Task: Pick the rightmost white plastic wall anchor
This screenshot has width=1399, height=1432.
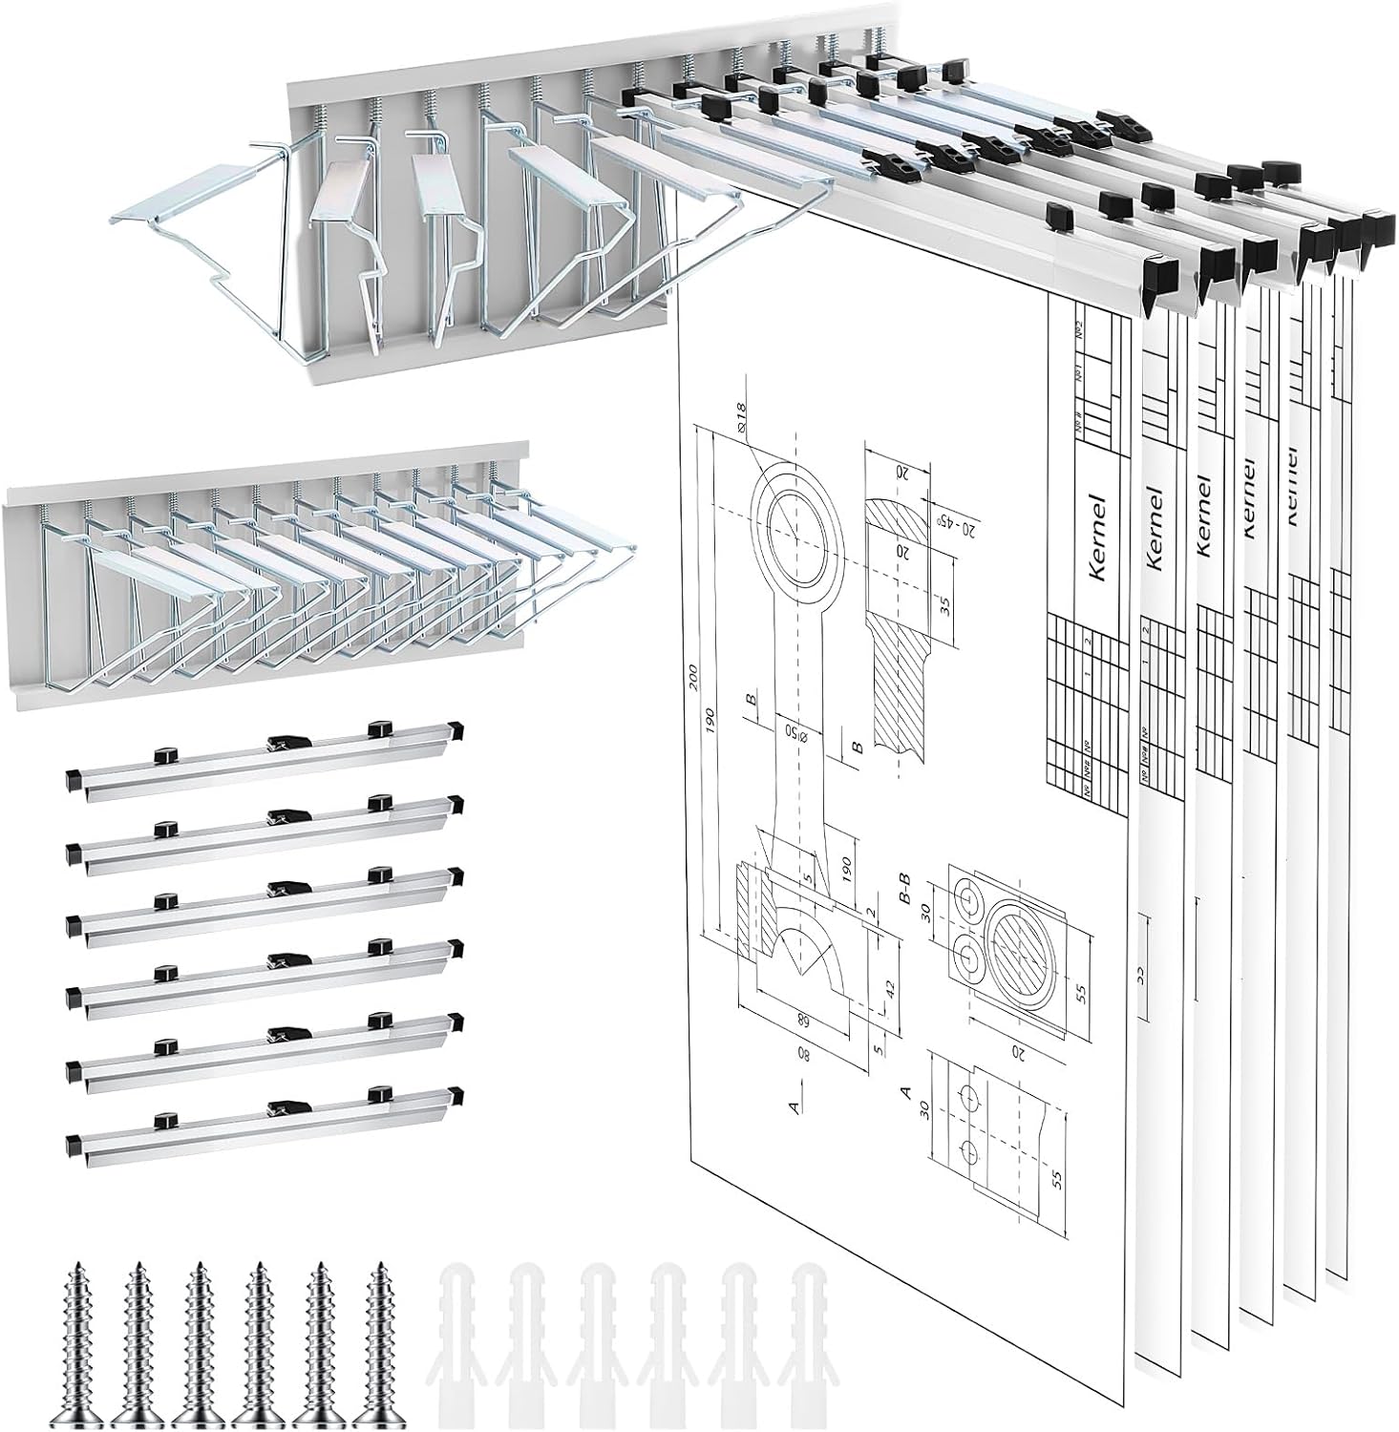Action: pyautogui.click(x=809, y=1346)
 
